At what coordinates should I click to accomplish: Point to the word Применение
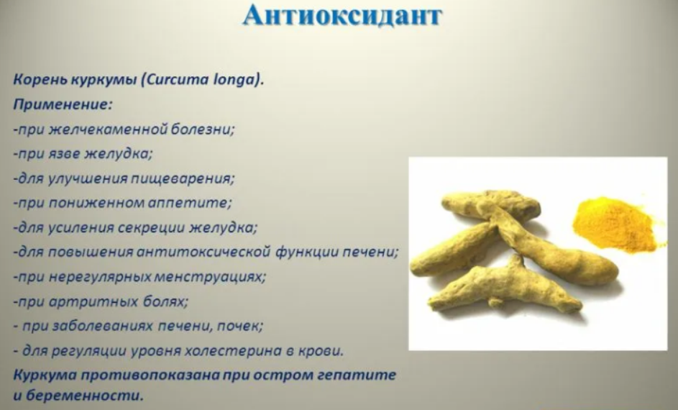(x=63, y=105)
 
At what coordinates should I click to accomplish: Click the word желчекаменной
(x=108, y=129)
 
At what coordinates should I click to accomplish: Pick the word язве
(x=65, y=154)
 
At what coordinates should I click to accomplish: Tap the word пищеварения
(x=183, y=179)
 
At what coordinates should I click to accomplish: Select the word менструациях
(x=210, y=277)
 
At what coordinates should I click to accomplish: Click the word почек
(x=239, y=326)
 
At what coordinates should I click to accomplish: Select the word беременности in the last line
(x=83, y=396)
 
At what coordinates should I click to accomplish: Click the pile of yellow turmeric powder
(x=616, y=225)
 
